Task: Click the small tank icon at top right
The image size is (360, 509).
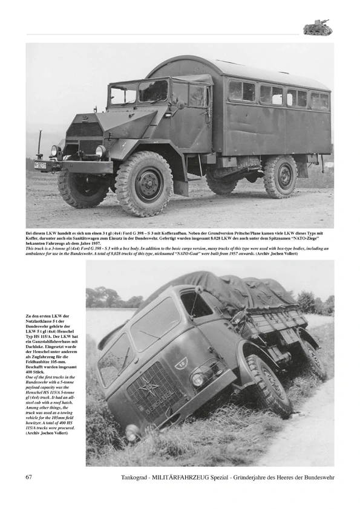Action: [318, 27]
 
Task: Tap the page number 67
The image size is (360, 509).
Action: [29, 477]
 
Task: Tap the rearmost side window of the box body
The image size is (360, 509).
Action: [319, 100]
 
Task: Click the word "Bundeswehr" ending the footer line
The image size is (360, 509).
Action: [315, 478]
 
